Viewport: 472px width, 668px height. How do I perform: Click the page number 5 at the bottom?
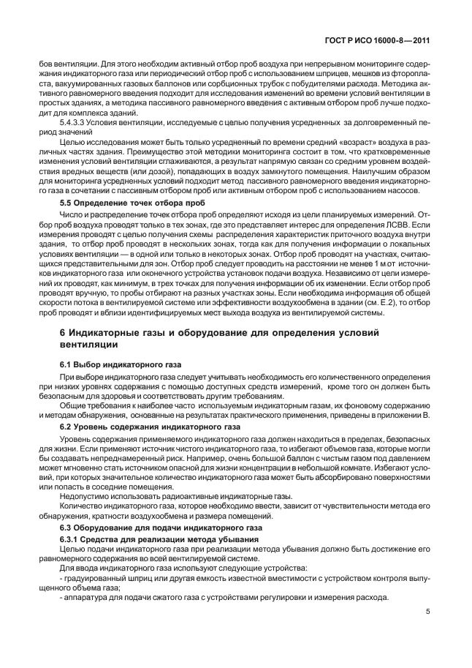click(x=427, y=614)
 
